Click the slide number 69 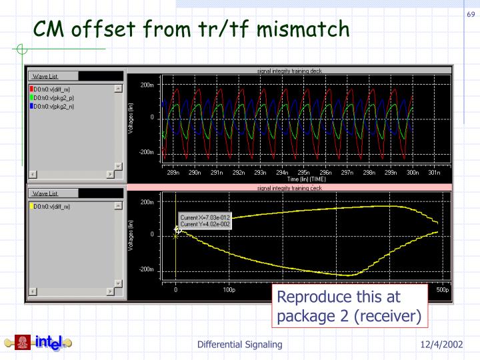(x=470, y=15)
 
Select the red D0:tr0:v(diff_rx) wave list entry (x=52, y=89)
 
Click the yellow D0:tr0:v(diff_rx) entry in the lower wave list (x=52, y=207)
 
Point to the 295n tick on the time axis (x=303, y=173)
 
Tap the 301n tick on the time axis (x=434, y=173)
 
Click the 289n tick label (x=173, y=173)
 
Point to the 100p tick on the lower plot (x=229, y=291)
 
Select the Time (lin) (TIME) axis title (x=307, y=179)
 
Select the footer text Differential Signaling (x=239, y=344)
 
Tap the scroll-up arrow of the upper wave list (x=118, y=89)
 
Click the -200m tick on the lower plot (x=147, y=270)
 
